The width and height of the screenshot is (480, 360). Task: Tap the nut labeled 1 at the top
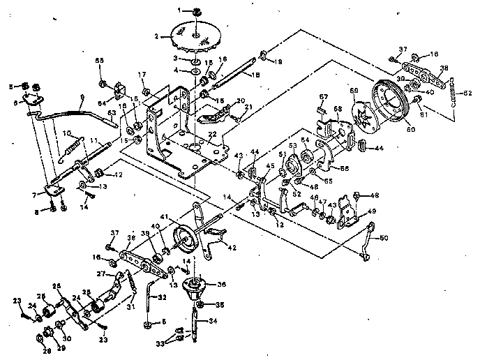197,11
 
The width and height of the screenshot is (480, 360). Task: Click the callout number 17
142,75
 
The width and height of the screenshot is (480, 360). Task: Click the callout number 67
322,96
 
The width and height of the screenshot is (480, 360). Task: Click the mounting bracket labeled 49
347,218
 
